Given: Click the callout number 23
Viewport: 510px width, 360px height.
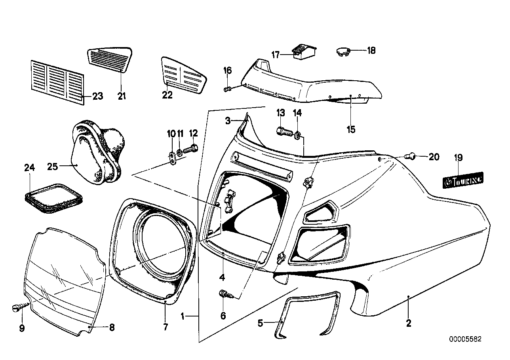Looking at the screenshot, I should pos(97,96).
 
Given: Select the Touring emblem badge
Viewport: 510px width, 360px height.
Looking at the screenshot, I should pos(463,180).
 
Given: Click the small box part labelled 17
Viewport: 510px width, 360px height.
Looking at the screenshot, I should pos(304,52).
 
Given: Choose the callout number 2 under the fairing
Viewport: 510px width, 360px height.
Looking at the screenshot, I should pos(409,323).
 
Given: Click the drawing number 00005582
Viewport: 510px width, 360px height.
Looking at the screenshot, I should pos(465,339).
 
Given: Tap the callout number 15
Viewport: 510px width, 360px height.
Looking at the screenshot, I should pos(351,129).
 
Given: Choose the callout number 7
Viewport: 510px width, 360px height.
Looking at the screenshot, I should pos(165,327).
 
